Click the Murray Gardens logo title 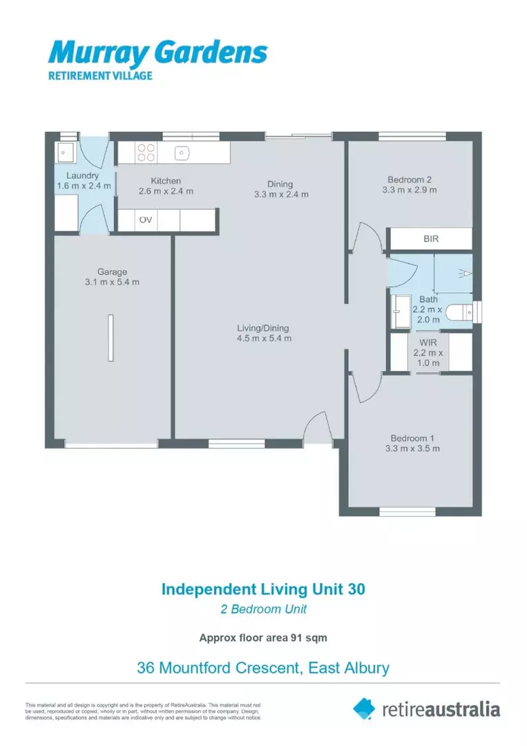157,52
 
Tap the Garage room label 111,272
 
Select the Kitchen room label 166,181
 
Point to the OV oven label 146,220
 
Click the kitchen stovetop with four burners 146,152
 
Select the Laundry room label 82,176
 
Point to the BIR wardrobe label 431,239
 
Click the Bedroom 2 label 410,180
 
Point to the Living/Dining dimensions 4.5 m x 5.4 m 264,338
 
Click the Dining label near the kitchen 280,184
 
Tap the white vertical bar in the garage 111,337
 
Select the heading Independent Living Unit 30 263,589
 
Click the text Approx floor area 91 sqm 263,638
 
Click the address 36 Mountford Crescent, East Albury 263,668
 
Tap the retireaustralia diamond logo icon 364,708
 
